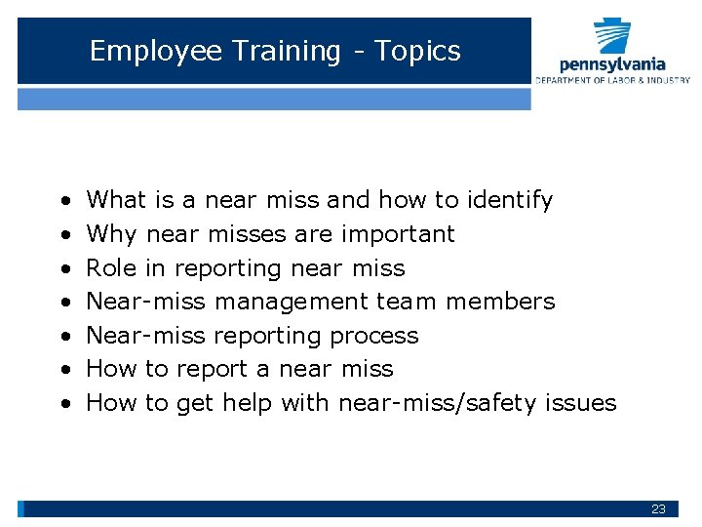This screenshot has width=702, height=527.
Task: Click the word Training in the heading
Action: click(x=285, y=52)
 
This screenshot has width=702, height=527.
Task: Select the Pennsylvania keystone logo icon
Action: click(x=613, y=36)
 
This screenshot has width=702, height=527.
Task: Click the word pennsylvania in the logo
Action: click(x=613, y=64)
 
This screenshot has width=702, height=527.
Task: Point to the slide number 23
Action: click(x=659, y=509)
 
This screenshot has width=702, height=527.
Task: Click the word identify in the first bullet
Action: click(x=510, y=200)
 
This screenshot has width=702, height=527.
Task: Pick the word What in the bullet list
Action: click(x=116, y=200)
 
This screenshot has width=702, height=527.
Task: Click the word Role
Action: click(x=111, y=267)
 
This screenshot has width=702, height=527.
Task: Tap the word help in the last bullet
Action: click(x=247, y=403)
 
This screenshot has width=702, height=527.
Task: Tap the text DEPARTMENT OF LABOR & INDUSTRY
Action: click(x=612, y=80)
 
